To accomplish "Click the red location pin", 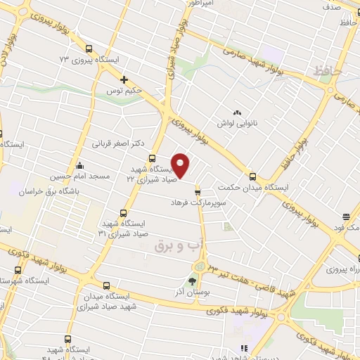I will tap(181, 166).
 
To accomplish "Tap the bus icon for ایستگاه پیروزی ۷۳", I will tap(89, 49).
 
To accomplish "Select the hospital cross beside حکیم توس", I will tap(124, 79).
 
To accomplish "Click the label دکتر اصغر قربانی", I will tap(118, 143).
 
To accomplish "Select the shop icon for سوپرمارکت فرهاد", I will tap(198, 190).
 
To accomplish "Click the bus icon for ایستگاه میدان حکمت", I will tap(252, 176).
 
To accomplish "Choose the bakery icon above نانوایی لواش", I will tap(237, 111).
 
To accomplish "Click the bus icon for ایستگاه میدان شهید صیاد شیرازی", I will tap(106, 285).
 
